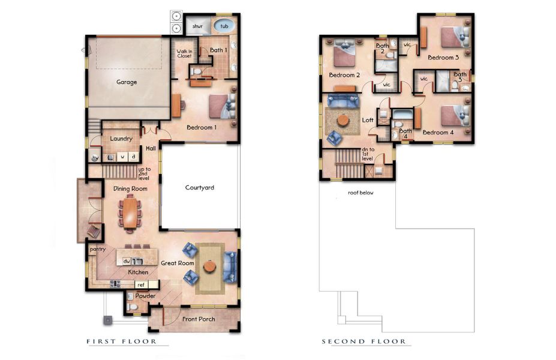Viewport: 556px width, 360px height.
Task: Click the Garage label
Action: [127, 82]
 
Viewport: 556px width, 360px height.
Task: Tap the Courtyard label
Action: [199, 188]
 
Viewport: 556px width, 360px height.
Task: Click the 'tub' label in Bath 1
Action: [224, 26]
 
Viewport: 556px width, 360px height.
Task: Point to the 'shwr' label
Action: [197, 26]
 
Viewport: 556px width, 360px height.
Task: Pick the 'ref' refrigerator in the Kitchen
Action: [142, 285]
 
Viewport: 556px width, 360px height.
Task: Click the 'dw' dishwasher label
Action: [127, 262]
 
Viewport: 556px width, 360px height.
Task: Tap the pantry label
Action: [97, 248]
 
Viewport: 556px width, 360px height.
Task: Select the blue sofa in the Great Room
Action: [230, 266]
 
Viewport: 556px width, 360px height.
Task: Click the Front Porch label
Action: [199, 319]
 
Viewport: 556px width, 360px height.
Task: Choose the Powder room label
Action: [145, 296]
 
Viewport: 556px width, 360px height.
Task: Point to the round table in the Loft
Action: [342, 121]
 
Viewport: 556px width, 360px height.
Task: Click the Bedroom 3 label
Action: [443, 58]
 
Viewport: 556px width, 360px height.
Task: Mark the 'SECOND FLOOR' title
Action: [363, 342]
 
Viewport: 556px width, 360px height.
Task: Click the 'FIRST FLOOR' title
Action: [122, 342]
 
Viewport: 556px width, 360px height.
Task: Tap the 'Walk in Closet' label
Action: [184, 55]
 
